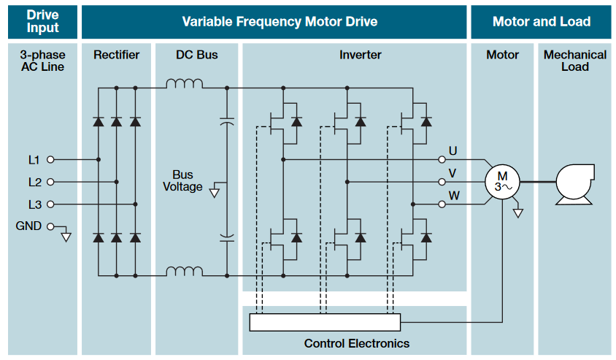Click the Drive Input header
pos(42,21)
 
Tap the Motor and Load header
pos(542,21)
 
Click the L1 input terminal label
pos(34,159)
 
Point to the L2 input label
pos(34,182)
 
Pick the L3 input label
pos(34,204)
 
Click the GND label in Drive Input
pos(28,226)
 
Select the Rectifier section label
pos(116,55)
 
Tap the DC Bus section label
pos(196,55)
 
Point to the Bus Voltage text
pos(182,181)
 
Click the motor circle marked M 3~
pos(502,182)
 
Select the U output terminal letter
pos(453,151)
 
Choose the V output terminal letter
pos(453,174)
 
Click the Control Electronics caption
pos(357,343)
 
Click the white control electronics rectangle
pos(325,321)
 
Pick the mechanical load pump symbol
pos(576,183)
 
